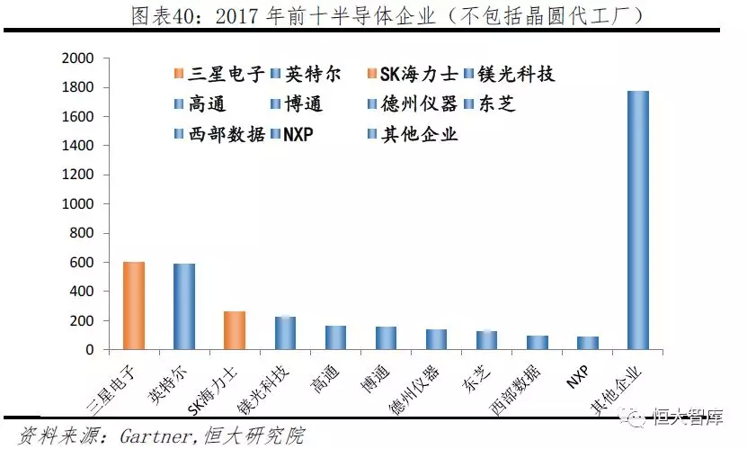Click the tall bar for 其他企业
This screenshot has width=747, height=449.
pos(637,220)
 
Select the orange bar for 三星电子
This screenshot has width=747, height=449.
pos(134,306)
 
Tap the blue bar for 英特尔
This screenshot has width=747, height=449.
pos(184,307)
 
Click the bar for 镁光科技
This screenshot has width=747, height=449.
pos(285,333)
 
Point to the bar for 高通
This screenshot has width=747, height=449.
pos(335,337)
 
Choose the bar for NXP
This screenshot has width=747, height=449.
pos(587,343)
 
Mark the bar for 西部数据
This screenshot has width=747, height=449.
pos(537,343)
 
